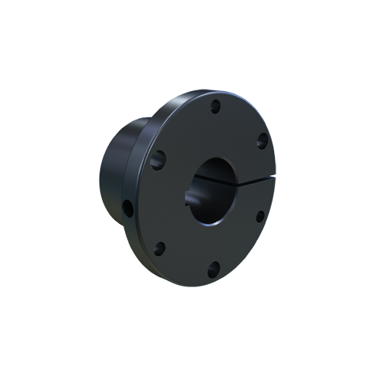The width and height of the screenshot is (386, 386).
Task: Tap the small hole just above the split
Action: pyautogui.click(x=262, y=140)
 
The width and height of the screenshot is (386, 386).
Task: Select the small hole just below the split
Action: pyautogui.click(x=260, y=215)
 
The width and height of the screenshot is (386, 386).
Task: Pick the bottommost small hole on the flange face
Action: pyautogui.click(x=214, y=268)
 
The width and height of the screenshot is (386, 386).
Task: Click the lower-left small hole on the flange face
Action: pyautogui.click(x=160, y=249)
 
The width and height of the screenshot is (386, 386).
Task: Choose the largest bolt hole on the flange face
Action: pyautogui.click(x=158, y=160)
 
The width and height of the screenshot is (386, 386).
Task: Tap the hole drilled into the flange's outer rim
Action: pyautogui.click(x=127, y=208)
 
